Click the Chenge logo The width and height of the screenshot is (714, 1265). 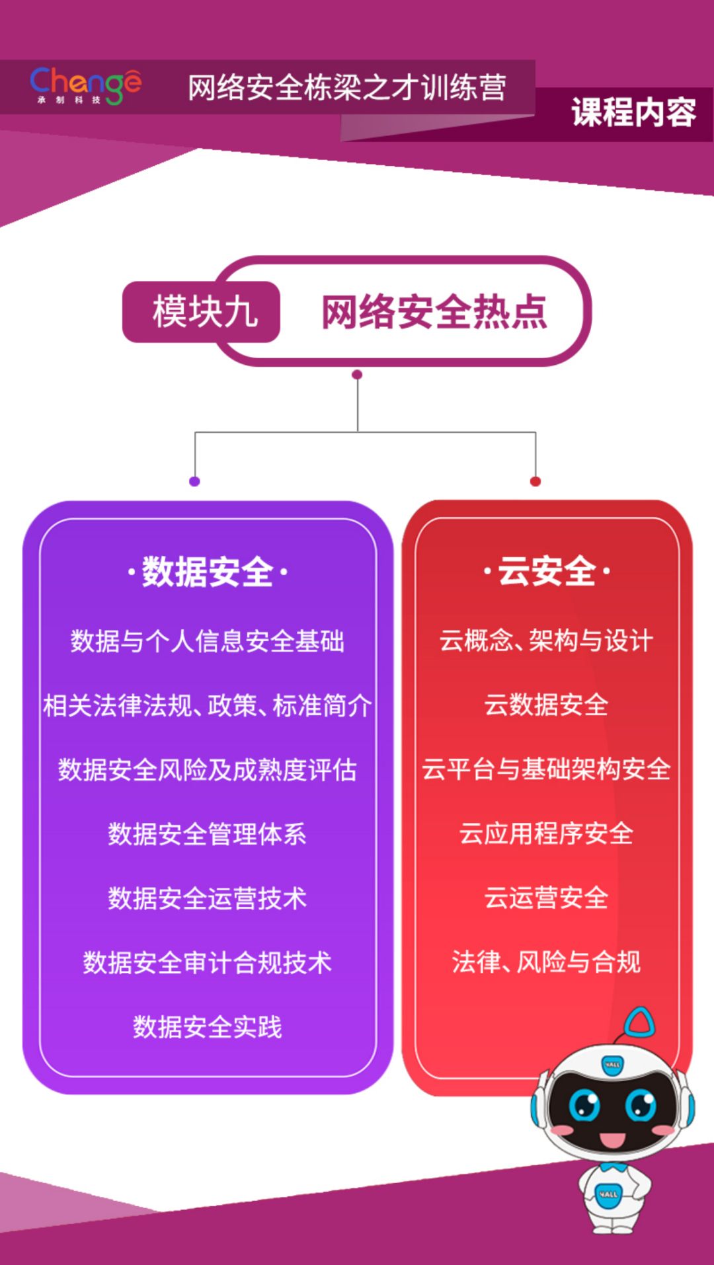[x=85, y=85]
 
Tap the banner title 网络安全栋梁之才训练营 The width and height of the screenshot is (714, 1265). [x=347, y=88]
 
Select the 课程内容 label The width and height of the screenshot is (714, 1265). [x=633, y=112]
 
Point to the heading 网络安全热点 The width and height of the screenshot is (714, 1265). [x=434, y=312]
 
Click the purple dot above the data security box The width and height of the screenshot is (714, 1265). [x=194, y=481]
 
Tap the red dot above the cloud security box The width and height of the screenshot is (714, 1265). [x=535, y=481]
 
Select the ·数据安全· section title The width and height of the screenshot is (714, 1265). [x=208, y=572]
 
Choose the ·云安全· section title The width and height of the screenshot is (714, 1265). [x=547, y=571]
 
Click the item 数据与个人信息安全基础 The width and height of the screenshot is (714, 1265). [x=208, y=641]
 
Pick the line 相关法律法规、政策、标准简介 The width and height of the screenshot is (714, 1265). [x=208, y=705]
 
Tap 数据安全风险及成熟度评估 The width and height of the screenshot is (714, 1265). [x=208, y=770]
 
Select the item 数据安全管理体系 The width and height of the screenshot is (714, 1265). [x=208, y=834]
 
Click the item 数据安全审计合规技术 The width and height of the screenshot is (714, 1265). [x=208, y=963]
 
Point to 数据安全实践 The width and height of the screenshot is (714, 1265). [x=208, y=1027]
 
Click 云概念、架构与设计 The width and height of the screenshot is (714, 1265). [x=547, y=640]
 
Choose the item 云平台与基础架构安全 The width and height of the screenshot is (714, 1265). [x=547, y=769]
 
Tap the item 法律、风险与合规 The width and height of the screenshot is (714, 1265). [x=547, y=962]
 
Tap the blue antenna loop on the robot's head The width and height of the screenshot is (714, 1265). [x=639, y=1022]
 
